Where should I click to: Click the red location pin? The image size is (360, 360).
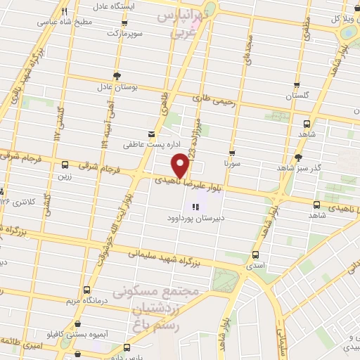(x=180, y=166)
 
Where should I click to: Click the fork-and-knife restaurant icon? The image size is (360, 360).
(x=65, y=11)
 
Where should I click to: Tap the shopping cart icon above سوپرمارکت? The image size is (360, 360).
(x=113, y=22)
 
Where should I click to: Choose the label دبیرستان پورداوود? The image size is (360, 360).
(x=198, y=219)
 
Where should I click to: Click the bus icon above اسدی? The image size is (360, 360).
(x=255, y=255)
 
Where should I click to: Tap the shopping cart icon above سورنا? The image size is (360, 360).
(x=232, y=152)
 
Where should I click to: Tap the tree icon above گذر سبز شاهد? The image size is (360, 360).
(x=298, y=157)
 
